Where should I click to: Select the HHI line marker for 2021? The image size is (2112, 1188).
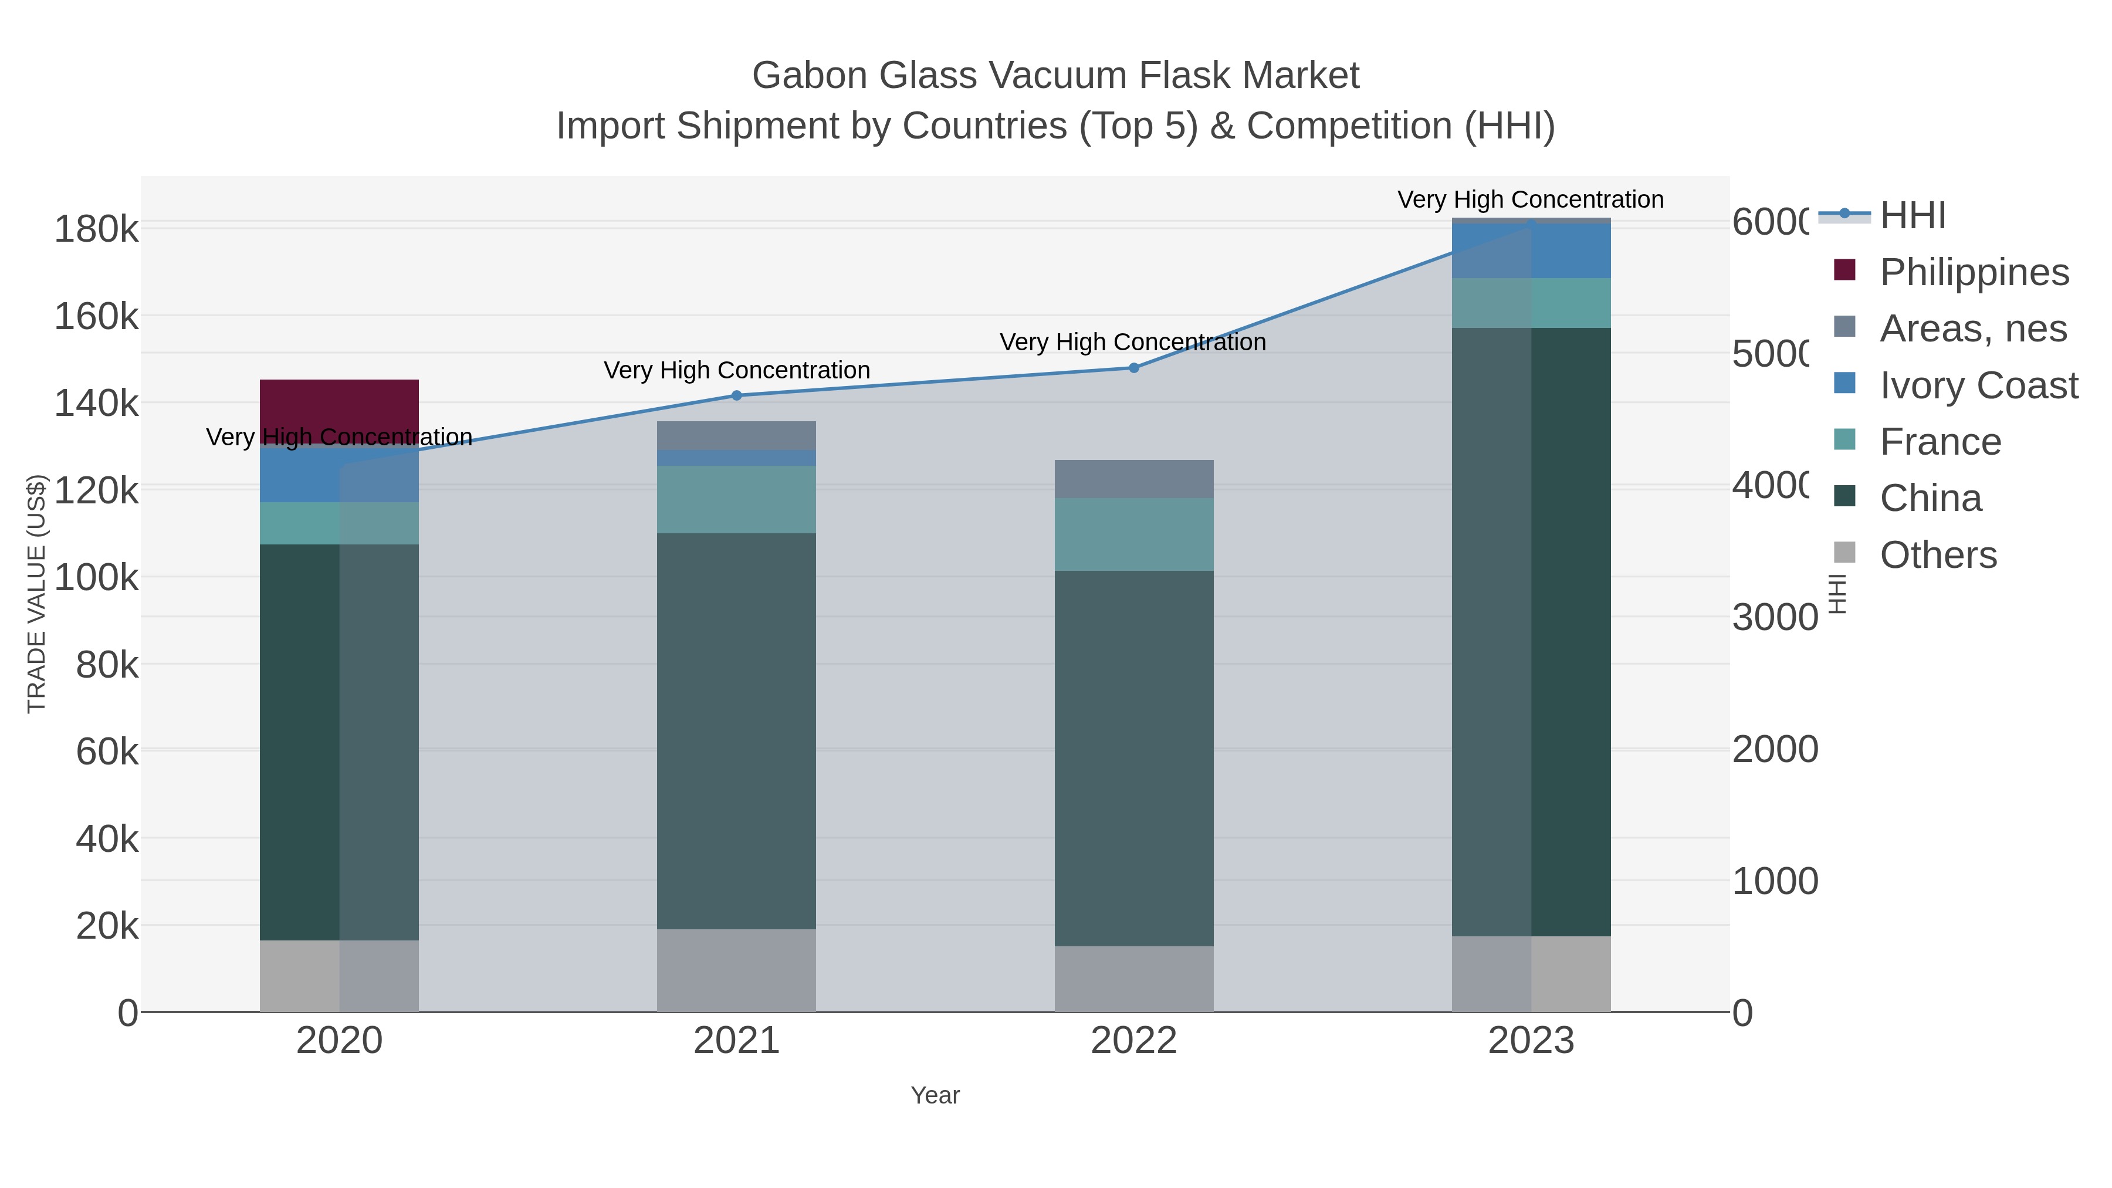pos(736,395)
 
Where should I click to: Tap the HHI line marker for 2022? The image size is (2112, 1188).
pos(1134,368)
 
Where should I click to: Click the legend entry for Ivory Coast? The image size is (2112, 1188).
pos(1978,385)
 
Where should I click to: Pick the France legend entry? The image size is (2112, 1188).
pos(1940,442)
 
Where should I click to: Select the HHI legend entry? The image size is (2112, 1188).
pos(1912,216)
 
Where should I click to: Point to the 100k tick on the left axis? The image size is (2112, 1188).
pos(97,578)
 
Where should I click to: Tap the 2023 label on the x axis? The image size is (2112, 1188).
pos(1531,1041)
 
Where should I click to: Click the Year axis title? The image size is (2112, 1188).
pos(935,1095)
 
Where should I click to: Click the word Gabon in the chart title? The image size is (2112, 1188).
pos(808,76)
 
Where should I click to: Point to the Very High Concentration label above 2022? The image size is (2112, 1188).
pos(1132,342)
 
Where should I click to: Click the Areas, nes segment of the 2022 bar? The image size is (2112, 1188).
pos(1134,479)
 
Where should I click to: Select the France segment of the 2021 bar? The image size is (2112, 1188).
pos(736,499)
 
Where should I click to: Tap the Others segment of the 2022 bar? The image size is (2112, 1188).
pos(1134,979)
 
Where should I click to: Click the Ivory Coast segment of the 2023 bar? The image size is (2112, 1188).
pos(1531,251)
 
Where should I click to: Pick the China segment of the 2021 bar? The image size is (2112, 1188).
pos(736,730)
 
